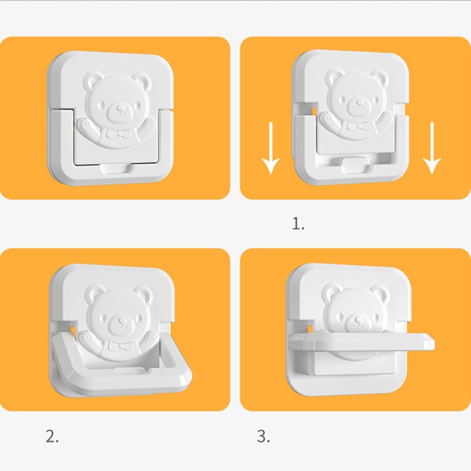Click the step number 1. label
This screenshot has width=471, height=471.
(298, 224)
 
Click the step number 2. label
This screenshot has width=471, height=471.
(52, 436)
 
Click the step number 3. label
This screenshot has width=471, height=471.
(263, 436)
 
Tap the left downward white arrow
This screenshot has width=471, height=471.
(271, 148)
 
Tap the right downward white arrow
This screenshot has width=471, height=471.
(432, 148)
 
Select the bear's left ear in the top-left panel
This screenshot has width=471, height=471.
(92, 80)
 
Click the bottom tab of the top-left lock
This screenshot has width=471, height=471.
(117, 168)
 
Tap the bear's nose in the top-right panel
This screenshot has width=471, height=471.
(359, 104)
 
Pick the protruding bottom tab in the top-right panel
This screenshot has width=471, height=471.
(354, 165)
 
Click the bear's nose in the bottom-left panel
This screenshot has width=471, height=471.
(122, 321)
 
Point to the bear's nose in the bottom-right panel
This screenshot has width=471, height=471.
(359, 319)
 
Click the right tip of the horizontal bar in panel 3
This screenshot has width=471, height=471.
(434, 341)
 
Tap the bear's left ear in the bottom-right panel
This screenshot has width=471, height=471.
(330, 293)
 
